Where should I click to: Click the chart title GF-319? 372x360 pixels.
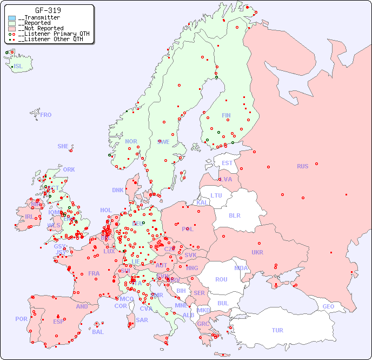48,10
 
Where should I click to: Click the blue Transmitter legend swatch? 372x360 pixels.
12,18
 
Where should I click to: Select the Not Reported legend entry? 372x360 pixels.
43,28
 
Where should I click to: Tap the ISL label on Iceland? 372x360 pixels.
18,67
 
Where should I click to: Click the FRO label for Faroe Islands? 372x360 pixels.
46,115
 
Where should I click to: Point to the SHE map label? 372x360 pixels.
63,146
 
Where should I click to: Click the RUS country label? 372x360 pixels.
302,166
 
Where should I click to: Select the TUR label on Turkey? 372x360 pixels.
277,330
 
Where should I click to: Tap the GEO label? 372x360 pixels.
328,306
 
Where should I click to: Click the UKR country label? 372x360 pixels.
257,252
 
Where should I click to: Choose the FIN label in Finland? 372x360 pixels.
226,115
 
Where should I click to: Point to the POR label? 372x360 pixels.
21,319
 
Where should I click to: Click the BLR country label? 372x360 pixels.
234,215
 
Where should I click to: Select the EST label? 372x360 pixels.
227,163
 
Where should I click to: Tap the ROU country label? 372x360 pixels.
221,279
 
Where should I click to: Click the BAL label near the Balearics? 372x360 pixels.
97,332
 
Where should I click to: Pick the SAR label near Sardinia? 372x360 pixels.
142,320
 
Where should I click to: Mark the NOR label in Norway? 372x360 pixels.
131,141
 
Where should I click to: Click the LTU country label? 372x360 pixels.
216,195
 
